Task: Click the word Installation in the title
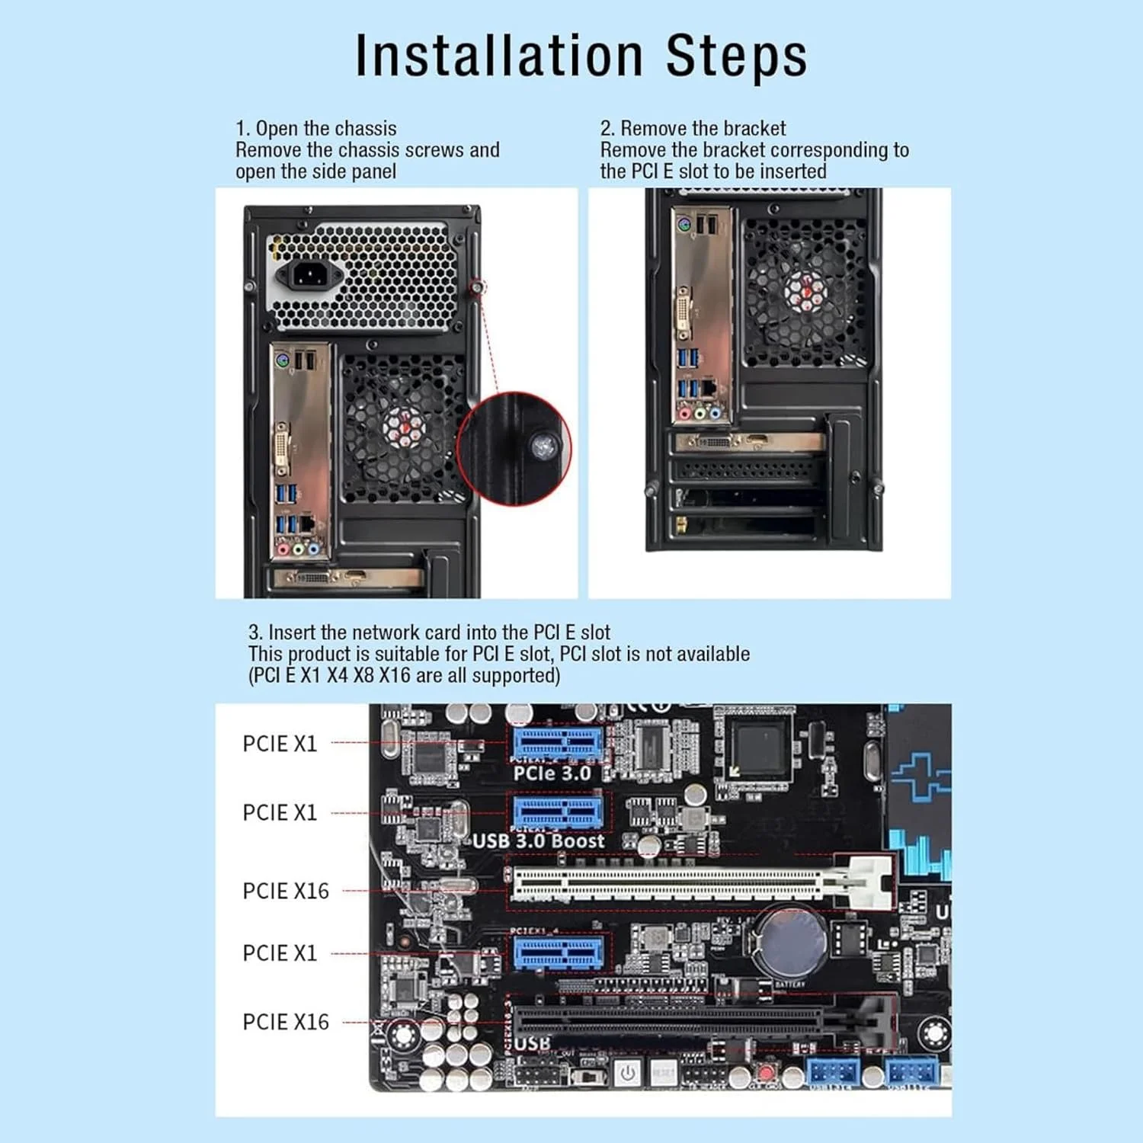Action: (499, 56)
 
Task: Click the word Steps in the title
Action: (736, 56)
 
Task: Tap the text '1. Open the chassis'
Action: (315, 128)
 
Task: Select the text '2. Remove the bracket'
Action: (693, 128)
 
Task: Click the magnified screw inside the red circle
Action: (544, 448)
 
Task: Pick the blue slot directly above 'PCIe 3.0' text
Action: (558, 742)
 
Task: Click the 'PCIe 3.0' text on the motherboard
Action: (552, 773)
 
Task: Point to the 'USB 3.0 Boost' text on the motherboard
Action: (538, 840)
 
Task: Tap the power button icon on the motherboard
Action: (627, 1073)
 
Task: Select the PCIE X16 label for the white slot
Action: (286, 891)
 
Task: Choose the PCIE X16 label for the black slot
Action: (286, 1022)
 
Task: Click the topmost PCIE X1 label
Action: (280, 744)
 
